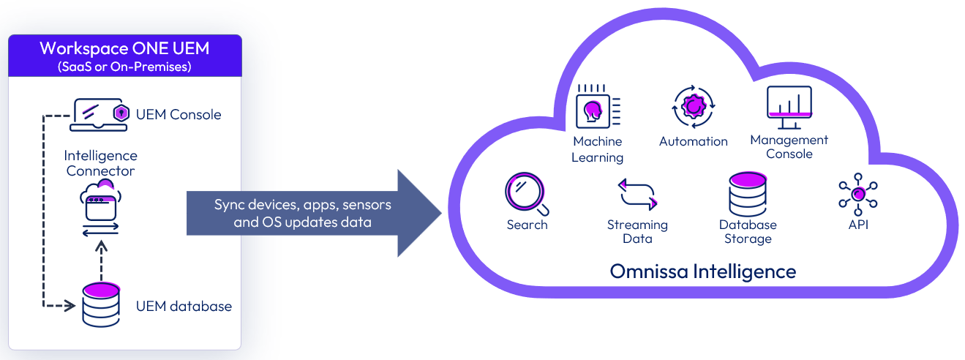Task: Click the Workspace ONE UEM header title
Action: (124, 49)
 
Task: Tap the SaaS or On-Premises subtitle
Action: (124, 67)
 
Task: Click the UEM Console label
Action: (179, 114)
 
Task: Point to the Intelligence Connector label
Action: (101, 163)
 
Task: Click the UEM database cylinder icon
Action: (101, 304)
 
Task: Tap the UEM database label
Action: (184, 306)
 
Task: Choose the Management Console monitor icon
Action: (789, 107)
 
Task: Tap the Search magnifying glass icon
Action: (526, 192)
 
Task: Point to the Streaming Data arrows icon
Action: (637, 195)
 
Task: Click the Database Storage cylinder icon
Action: (747, 194)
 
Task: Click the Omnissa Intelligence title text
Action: (703, 272)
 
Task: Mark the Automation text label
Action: (693, 141)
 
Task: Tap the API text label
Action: (858, 225)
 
